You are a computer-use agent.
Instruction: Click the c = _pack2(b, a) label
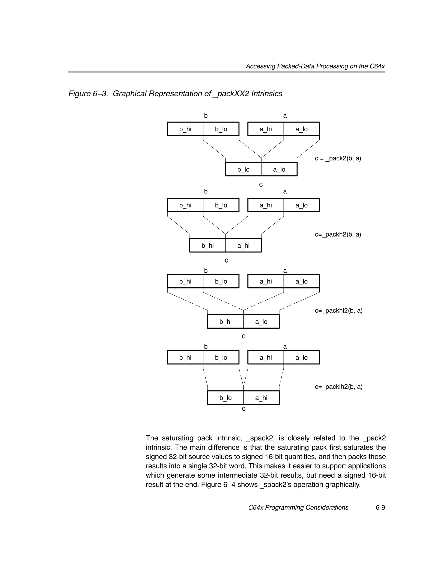(338, 158)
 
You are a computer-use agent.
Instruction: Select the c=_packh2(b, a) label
(338, 234)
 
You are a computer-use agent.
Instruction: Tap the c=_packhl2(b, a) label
(338, 311)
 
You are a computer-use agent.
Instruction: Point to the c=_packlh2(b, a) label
(338, 387)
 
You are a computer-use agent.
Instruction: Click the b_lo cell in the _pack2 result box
(243, 170)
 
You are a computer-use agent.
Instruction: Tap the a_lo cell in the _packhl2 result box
(261, 322)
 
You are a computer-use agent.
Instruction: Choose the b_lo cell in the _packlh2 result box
(225, 398)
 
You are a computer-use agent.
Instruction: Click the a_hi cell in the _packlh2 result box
(261, 398)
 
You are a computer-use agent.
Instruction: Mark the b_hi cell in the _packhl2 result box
(225, 322)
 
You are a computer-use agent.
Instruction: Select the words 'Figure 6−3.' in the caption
(88, 94)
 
